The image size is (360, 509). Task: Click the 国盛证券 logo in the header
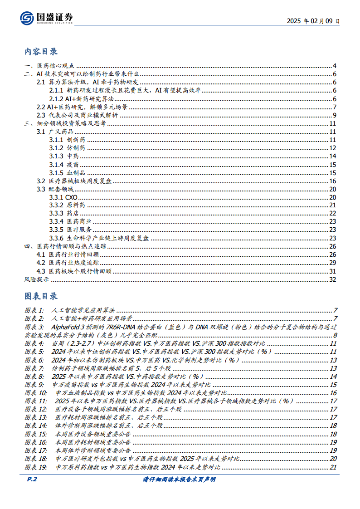[x=46, y=18]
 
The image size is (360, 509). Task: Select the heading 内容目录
[x=41, y=51]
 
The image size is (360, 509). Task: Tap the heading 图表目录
[x=41, y=296]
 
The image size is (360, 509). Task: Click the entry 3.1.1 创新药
[x=67, y=140]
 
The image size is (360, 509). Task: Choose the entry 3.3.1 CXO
[x=63, y=197]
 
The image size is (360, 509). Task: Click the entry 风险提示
[x=37, y=279]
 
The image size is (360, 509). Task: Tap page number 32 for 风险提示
[x=332, y=279]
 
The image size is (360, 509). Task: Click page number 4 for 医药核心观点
[x=334, y=66]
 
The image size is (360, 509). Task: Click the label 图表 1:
[x=34, y=310]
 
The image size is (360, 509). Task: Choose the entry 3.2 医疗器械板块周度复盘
[x=77, y=181]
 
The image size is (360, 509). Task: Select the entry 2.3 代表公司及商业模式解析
[x=82, y=115]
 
